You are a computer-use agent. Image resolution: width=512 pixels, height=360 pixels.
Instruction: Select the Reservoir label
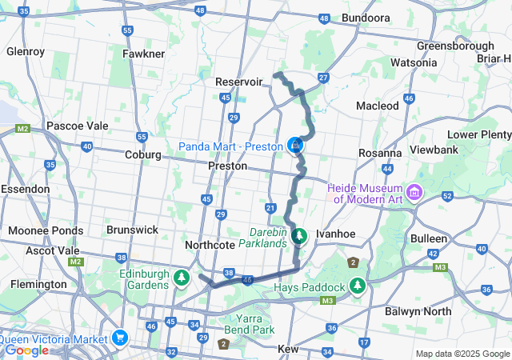[x=239, y=82]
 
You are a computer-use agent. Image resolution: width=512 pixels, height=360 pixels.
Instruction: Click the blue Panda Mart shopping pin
[x=296, y=146]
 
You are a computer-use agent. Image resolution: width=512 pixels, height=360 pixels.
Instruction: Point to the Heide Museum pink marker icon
[x=414, y=193]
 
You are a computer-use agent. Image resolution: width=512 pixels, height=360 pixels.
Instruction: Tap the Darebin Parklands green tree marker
[x=299, y=236]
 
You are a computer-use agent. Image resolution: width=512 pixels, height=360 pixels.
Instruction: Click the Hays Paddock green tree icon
[x=356, y=286]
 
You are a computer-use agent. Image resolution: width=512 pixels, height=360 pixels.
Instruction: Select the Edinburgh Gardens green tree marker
[x=182, y=278]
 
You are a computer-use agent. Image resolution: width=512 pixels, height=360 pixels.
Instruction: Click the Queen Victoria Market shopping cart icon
[x=121, y=338]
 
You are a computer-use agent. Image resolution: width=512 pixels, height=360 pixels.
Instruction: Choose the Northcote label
[x=209, y=244]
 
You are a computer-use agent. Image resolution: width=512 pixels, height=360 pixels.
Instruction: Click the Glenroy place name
[x=25, y=51]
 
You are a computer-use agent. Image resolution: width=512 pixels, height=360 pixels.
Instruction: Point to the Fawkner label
[x=143, y=54]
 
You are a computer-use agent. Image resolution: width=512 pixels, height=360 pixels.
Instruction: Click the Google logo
[x=26, y=350]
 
